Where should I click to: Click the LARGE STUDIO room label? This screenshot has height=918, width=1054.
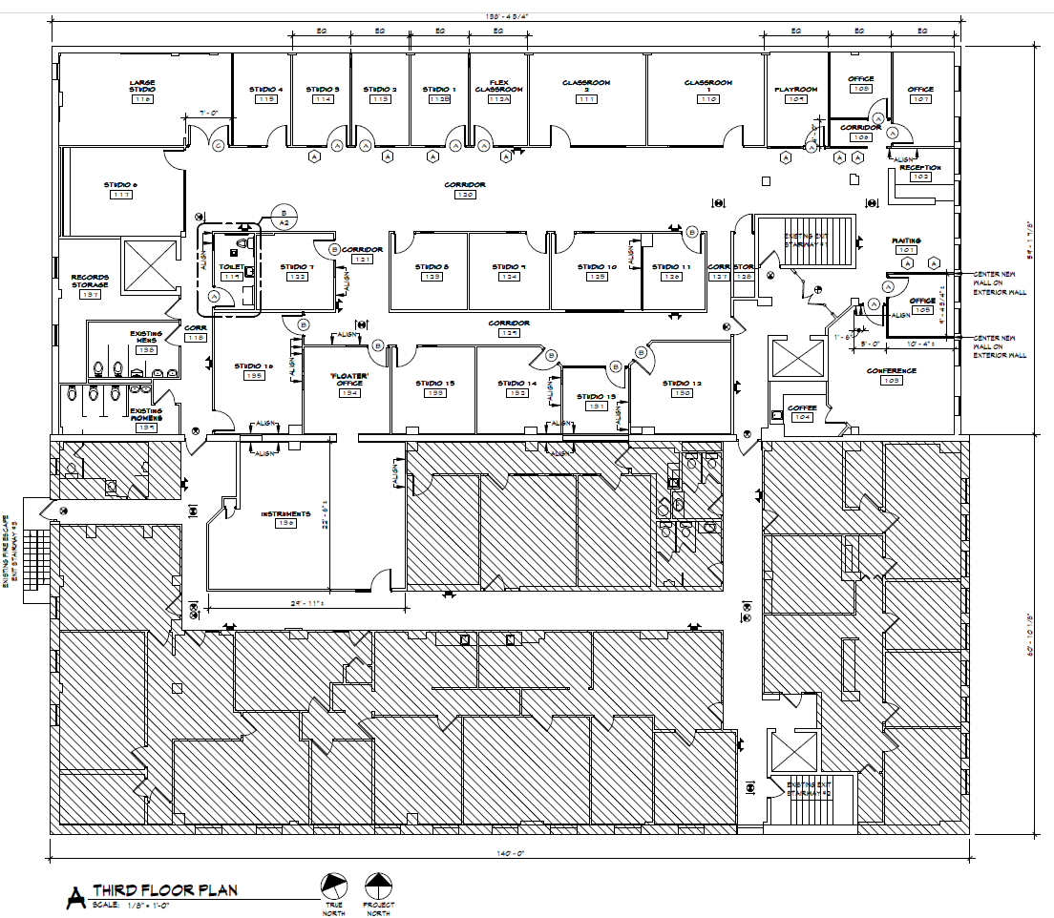pyautogui.click(x=143, y=87)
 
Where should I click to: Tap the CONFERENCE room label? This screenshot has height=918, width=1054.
pyautogui.click(x=891, y=370)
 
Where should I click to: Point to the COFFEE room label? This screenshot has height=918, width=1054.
pyautogui.click(x=802, y=408)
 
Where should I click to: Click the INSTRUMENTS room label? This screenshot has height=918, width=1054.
pyautogui.click(x=285, y=514)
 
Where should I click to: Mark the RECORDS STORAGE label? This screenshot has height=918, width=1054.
pyautogui.click(x=91, y=282)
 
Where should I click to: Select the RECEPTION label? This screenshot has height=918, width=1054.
pyautogui.click(x=920, y=168)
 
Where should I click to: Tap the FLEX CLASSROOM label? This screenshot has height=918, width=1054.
pyautogui.click(x=499, y=86)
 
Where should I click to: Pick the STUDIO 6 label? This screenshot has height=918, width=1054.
pyautogui.click(x=121, y=184)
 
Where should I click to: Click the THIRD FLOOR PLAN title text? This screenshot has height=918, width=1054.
pyautogui.click(x=164, y=890)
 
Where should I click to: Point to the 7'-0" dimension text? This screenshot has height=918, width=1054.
pyautogui.click(x=209, y=113)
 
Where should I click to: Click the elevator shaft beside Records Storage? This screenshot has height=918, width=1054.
pyautogui.click(x=148, y=264)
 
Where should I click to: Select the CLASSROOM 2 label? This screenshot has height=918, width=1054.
pyautogui.click(x=586, y=87)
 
